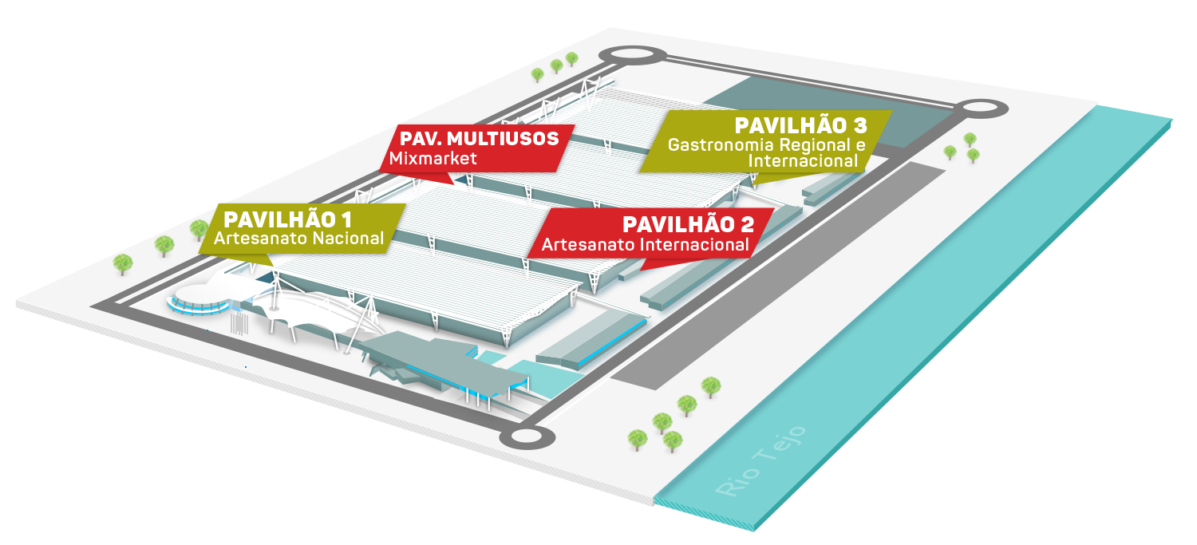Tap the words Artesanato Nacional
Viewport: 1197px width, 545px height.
click(299, 238)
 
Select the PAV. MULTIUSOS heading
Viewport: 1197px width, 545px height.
click(480, 139)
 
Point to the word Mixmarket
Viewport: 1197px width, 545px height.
click(433, 158)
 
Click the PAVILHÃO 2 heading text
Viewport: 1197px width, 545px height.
click(687, 225)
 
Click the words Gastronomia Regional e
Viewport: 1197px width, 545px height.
click(766, 145)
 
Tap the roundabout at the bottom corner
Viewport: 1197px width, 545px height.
click(527, 436)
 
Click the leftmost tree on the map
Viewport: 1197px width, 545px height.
click(122, 262)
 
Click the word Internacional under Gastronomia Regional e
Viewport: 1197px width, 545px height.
click(803, 161)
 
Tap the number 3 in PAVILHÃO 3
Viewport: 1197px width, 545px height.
click(859, 126)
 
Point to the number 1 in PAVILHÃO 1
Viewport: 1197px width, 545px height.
click(346, 219)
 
